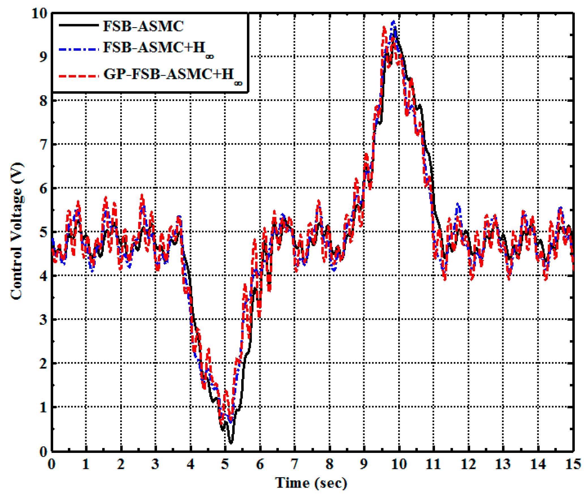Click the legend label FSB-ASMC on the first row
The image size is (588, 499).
point(143,26)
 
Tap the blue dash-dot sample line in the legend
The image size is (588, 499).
point(78,49)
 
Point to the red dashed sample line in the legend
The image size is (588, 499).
point(78,76)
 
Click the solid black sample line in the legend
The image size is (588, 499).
point(78,25)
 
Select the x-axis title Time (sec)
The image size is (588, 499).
point(311,482)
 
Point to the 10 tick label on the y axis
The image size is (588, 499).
point(39,14)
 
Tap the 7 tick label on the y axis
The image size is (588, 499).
point(43,145)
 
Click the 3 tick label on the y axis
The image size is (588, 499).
point(43,320)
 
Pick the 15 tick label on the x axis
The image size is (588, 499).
point(573,464)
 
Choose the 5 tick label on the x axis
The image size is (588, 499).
point(225,464)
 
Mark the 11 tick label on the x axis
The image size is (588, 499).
point(433,464)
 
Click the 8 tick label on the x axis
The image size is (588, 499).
point(329,464)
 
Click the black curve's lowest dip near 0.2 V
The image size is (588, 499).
point(231,442)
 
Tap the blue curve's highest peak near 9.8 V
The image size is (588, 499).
point(393,22)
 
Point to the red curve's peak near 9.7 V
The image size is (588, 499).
point(384,28)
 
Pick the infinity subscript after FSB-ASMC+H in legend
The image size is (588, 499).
point(210,57)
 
